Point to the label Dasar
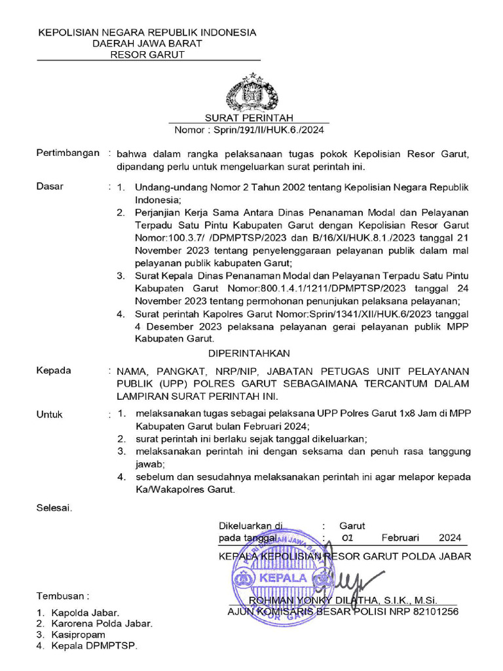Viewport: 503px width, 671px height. pyautogui.click(x=50, y=187)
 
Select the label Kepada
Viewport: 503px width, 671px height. pyautogui.click(x=54, y=370)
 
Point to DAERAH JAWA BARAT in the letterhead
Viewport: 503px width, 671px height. pyautogui.click(x=147, y=43)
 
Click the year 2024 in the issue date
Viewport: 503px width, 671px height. pyautogui.click(x=450, y=538)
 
